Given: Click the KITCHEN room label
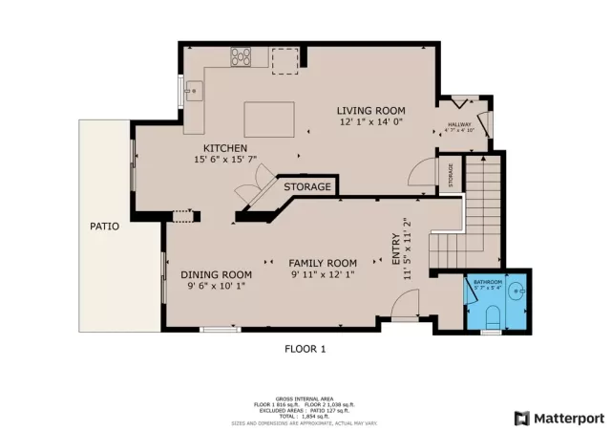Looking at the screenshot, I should click(225, 148).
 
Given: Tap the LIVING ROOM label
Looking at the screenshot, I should click(371, 111).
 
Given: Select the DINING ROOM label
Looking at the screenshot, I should click(217, 275).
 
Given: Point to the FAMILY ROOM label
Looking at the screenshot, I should click(324, 263).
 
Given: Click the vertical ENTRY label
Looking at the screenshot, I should click(396, 250).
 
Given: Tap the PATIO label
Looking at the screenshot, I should click(104, 227).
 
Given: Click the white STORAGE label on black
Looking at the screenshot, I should click(307, 186).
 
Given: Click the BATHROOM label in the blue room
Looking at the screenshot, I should click(489, 282).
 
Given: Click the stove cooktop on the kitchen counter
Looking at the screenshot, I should click(242, 56).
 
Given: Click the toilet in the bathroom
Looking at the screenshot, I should click(492, 317).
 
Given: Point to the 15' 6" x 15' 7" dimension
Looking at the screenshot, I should click(225, 162).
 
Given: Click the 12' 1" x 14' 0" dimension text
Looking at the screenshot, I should click(371, 122).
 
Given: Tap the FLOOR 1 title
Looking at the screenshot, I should click(305, 349).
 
